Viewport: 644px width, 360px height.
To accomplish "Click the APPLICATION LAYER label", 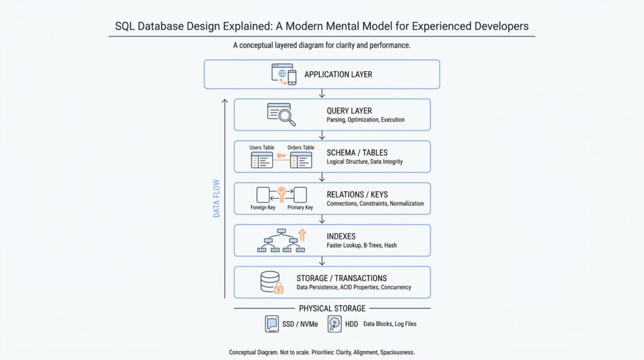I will click(x=338, y=74).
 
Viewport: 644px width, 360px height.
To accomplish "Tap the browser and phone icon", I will click(x=283, y=74).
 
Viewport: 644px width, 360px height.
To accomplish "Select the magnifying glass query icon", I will click(x=281, y=114).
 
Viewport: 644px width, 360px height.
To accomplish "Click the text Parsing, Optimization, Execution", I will click(x=365, y=120).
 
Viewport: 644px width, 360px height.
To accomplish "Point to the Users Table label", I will click(x=262, y=148).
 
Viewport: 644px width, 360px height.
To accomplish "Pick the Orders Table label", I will click(x=301, y=148).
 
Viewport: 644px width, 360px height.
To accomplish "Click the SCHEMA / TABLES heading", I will click(x=357, y=152).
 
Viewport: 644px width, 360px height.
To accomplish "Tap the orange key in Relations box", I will click(x=281, y=194).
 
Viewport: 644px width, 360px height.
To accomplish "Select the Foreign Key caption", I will click(x=262, y=208).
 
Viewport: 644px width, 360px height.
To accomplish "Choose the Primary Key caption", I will click(x=300, y=208).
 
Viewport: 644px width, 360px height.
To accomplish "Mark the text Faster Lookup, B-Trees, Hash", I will click(x=362, y=245).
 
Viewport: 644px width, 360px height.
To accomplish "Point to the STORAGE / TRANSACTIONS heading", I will click(x=341, y=278).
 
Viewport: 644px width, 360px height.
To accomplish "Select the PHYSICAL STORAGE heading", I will click(x=332, y=308).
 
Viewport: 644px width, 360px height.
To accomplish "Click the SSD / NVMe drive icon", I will click(x=272, y=324).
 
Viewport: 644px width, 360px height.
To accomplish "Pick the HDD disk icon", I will click(x=335, y=324).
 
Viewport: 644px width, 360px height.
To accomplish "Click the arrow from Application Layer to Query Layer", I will click(x=322, y=93).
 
